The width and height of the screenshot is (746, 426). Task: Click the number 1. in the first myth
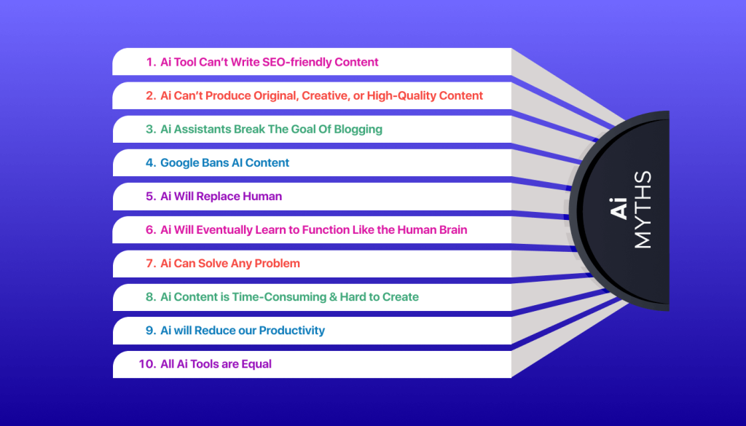[x=151, y=63]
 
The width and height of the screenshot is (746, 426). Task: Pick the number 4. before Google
[x=151, y=163]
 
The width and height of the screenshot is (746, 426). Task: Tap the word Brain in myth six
[x=451, y=230]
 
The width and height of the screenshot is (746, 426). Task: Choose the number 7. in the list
[x=151, y=264]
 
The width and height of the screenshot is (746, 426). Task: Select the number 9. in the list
[x=151, y=331]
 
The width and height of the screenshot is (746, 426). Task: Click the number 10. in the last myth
[x=147, y=364]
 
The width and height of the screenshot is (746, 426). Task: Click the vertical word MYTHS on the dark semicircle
[x=643, y=210]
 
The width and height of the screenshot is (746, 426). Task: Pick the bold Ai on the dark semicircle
[x=619, y=208]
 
